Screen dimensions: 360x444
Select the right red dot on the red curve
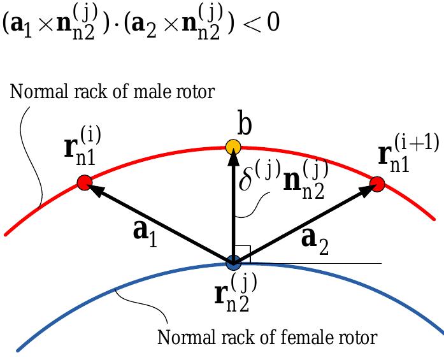[376, 185]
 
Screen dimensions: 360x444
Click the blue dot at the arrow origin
[233, 261]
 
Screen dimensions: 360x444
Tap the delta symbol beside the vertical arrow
[248, 181]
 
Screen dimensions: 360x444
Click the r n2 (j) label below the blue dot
[231, 292]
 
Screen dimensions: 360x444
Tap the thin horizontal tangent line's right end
[380, 263]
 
